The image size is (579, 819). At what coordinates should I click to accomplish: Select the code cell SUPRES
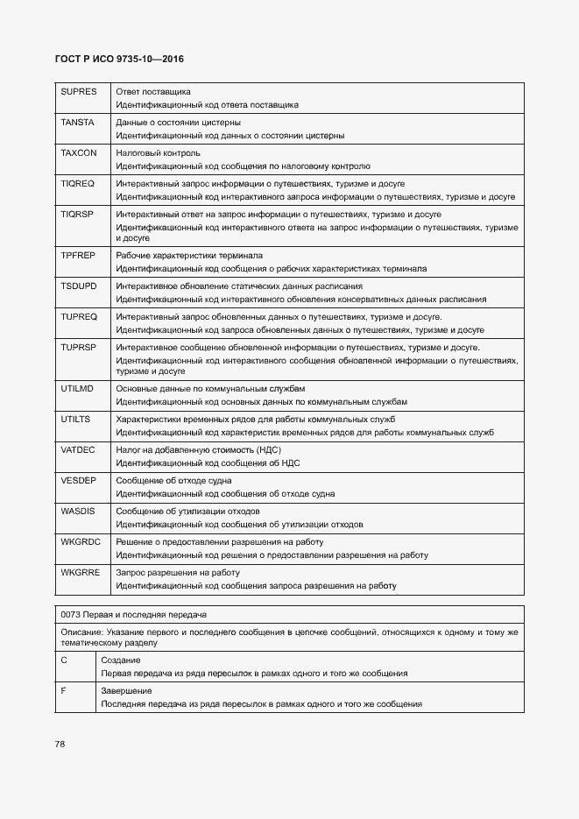78,92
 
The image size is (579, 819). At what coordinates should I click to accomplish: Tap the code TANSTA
77,123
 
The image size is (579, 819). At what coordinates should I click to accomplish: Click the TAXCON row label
78,153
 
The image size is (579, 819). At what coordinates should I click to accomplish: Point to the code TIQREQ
77,184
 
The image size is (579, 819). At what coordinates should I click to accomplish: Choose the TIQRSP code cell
77,215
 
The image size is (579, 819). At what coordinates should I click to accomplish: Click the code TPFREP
77,256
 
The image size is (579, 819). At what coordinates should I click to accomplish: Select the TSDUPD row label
78,286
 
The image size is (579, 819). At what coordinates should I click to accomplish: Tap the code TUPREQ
78,317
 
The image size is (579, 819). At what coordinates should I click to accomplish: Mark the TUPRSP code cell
78,348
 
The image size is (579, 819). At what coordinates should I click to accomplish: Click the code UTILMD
77,389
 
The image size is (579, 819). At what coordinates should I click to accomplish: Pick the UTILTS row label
75,420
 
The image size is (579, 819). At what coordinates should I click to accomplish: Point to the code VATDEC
77,450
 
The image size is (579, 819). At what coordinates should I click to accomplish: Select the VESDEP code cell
78,481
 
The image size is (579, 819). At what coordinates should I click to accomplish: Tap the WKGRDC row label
80,542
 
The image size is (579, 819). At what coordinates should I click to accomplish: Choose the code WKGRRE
80,573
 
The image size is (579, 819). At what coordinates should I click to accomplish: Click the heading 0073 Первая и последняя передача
134,614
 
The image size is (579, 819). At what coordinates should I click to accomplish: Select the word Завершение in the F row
124,690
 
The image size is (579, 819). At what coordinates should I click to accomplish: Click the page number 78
60,744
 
